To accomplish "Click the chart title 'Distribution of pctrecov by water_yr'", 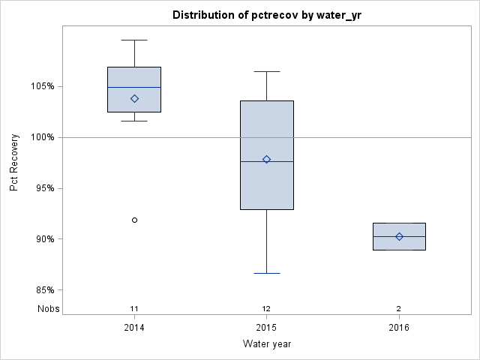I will click(266, 15).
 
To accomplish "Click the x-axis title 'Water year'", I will click(266, 344).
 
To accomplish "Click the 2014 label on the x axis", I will click(134, 328).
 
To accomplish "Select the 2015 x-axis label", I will click(266, 328).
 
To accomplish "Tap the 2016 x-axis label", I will click(399, 328).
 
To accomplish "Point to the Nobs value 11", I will click(134, 308).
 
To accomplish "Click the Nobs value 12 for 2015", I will click(266, 308).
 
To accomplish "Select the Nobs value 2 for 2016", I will click(399, 308).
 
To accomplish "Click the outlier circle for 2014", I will click(134, 220).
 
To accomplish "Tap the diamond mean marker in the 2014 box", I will click(134, 98).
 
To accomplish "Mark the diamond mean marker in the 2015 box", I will click(266, 159).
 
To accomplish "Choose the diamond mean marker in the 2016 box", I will click(399, 236).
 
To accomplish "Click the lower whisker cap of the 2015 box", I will click(266, 273).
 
